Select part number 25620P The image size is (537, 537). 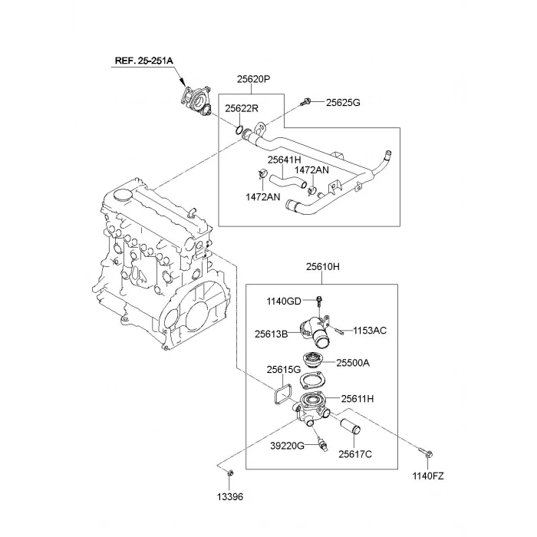pos(253,79)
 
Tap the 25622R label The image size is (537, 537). pos(242,109)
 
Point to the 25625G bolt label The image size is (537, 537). pos(343,102)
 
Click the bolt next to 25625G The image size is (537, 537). pos(307,100)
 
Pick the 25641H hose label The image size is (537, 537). pos(284,160)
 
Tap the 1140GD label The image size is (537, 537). pos(284,301)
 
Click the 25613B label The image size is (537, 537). pos(272,334)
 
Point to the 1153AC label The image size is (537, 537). pos(370,331)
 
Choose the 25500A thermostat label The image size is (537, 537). pos(352,363)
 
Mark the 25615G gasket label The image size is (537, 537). pos(284,370)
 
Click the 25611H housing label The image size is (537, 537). pos(357,398)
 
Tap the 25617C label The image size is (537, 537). pos(355,454)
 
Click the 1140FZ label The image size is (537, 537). pos(427,476)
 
